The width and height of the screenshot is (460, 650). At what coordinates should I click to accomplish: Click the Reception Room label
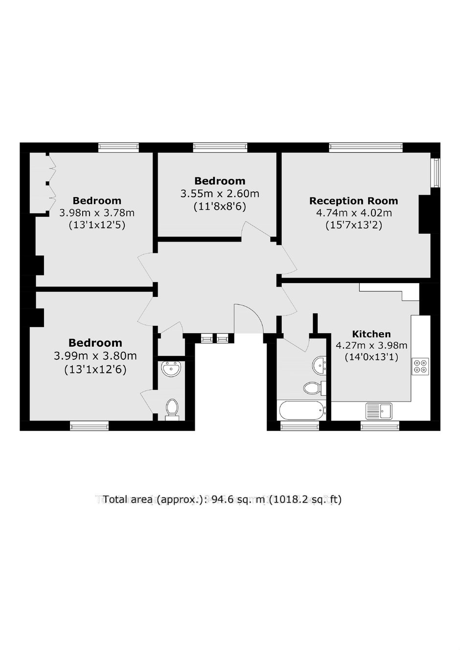point(353,201)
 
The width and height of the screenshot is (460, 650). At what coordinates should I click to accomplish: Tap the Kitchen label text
point(371,334)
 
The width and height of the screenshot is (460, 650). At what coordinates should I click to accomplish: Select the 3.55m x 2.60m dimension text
point(220,193)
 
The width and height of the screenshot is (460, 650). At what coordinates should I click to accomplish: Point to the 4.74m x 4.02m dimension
point(354,213)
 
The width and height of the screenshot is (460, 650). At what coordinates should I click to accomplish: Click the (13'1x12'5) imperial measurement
point(97,225)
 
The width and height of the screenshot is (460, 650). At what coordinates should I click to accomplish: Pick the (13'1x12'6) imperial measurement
point(95,370)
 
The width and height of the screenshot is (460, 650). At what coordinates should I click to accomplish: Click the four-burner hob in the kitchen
point(420,366)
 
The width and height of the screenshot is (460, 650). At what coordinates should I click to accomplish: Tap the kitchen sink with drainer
point(379,411)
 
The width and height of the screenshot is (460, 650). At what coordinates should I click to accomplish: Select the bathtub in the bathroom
point(302,410)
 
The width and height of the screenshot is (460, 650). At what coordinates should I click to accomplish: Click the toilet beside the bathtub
point(314,388)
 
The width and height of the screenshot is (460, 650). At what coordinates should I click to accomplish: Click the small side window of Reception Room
point(436,173)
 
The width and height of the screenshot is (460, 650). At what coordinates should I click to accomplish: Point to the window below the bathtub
point(299,426)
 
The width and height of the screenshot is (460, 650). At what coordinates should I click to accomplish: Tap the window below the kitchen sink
point(380,426)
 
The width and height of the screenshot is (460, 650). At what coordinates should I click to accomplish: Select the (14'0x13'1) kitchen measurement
point(371,357)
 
